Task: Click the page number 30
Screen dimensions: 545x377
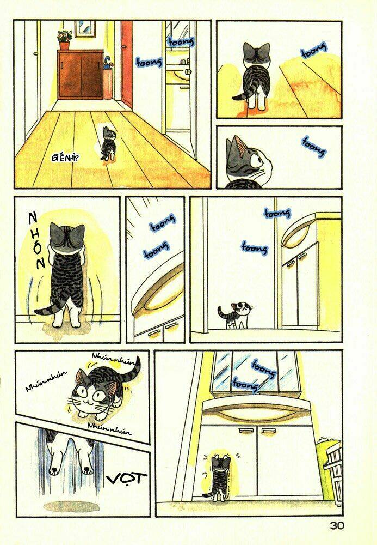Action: tap(337, 526)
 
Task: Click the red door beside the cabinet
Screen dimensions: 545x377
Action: tap(127, 63)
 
